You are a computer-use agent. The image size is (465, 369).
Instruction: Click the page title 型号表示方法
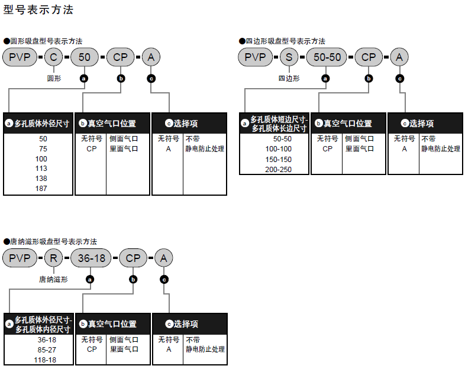(x=38, y=10)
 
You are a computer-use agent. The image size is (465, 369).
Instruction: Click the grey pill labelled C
(x=53, y=57)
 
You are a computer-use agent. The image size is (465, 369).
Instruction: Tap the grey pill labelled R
(x=53, y=258)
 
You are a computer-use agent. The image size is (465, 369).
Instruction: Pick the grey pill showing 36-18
(x=91, y=258)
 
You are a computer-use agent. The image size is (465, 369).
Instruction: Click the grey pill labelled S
(x=289, y=57)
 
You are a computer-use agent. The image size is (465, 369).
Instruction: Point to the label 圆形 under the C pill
(x=54, y=79)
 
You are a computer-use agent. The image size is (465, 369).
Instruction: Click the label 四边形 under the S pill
(x=289, y=79)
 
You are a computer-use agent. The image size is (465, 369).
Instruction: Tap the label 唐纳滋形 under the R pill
(x=53, y=279)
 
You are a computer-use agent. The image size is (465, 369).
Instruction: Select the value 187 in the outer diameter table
(x=41, y=189)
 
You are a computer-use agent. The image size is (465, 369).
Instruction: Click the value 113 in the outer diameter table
(x=41, y=169)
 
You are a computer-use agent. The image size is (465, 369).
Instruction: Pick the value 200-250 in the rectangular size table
(x=279, y=170)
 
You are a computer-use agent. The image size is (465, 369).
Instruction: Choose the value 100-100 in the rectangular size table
(x=279, y=149)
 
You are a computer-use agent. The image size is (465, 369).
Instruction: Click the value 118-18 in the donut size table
(x=45, y=360)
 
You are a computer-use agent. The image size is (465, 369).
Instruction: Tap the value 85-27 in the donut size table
(x=47, y=350)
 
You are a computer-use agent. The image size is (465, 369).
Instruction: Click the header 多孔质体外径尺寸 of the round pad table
(x=42, y=124)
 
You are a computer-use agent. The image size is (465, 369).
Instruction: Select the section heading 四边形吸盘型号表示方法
(x=285, y=41)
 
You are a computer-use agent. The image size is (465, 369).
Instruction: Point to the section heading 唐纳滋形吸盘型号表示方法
(x=53, y=242)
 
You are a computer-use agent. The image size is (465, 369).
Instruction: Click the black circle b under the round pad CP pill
(x=121, y=79)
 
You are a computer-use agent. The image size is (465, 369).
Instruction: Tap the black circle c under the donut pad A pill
(x=164, y=280)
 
